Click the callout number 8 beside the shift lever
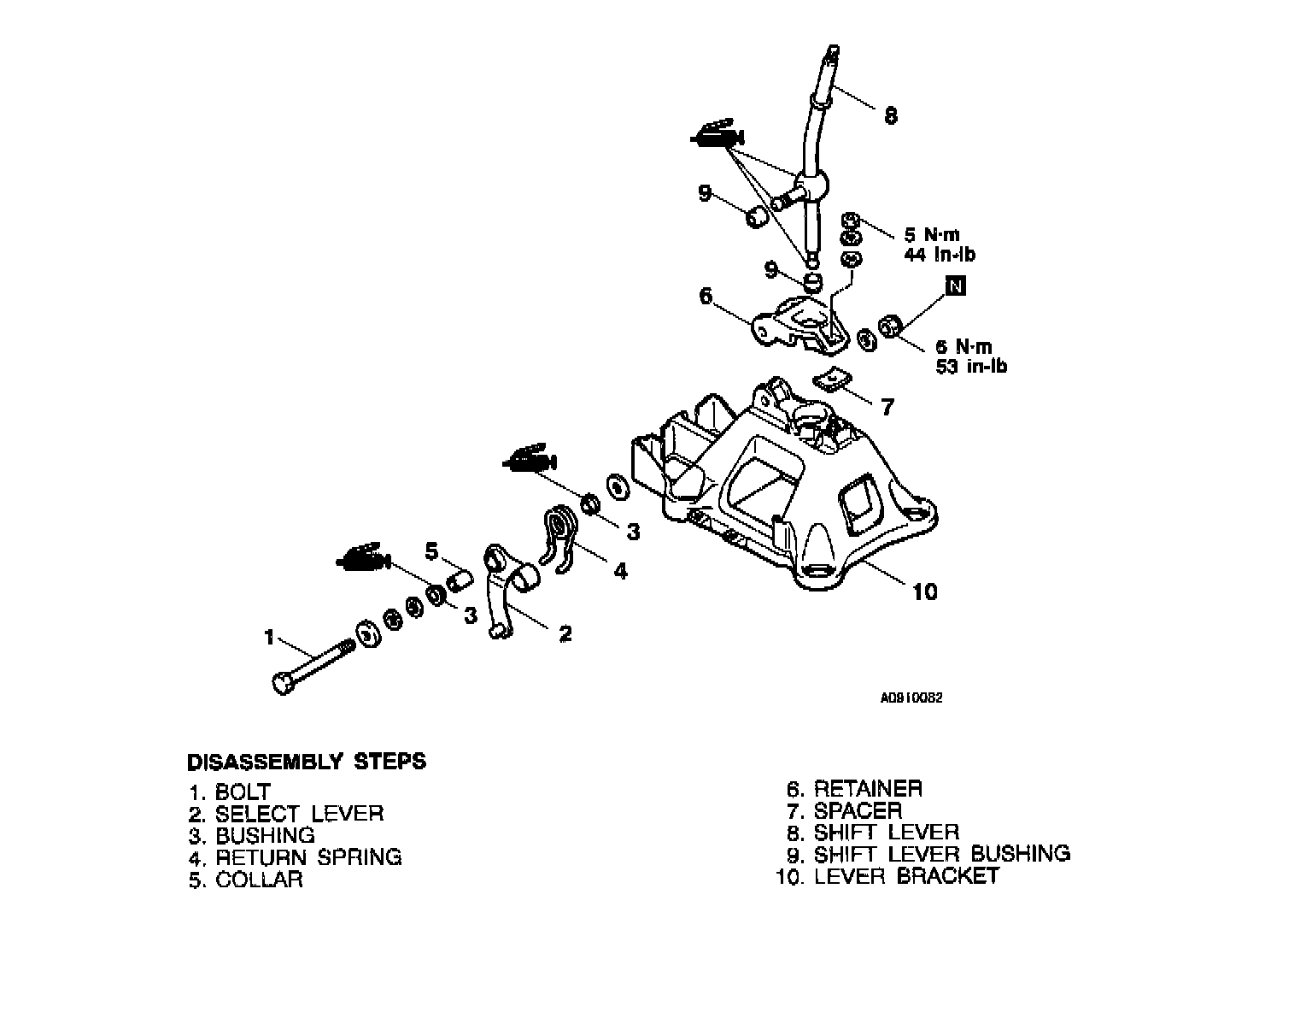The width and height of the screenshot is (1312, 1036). pyautogui.click(x=891, y=116)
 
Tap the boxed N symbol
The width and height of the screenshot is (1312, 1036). pyautogui.click(x=956, y=286)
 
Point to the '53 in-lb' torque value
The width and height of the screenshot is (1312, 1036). pyautogui.click(x=970, y=367)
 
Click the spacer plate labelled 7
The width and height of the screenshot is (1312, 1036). pyautogui.click(x=829, y=377)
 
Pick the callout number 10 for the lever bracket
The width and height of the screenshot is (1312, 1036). pyautogui.click(x=925, y=592)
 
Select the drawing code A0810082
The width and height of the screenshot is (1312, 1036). pyautogui.click(x=911, y=697)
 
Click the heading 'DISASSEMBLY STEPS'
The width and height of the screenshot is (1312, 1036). pyautogui.click(x=307, y=761)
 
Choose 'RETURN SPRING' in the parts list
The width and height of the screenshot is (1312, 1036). pyautogui.click(x=308, y=856)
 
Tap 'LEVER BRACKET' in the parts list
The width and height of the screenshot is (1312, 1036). pyautogui.click(x=906, y=876)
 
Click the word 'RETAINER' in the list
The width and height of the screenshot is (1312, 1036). pyautogui.click(x=868, y=788)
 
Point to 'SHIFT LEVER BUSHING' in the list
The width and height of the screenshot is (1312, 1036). pyautogui.click(x=941, y=853)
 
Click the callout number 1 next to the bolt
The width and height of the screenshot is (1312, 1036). pyautogui.click(x=269, y=637)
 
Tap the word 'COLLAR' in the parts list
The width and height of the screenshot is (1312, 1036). pyautogui.click(x=259, y=880)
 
